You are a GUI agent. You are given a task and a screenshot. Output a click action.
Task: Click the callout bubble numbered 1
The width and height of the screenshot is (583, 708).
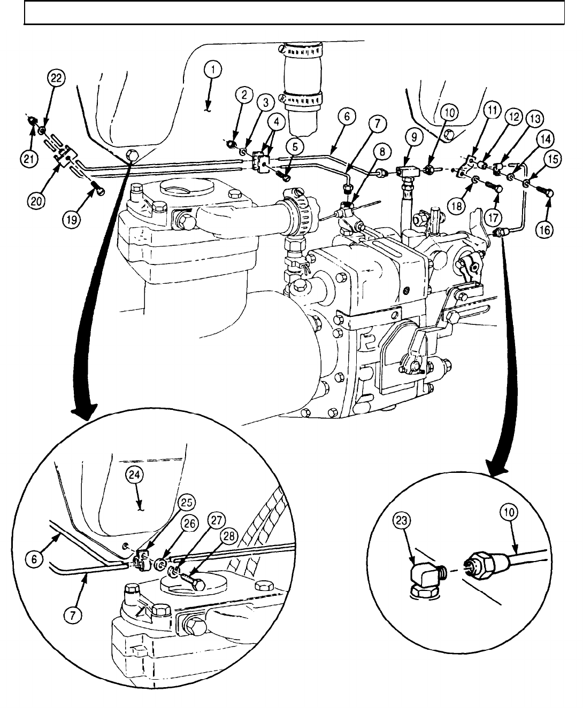click(x=213, y=70)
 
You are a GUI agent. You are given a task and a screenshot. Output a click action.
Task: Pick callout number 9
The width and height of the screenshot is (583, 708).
click(x=412, y=137)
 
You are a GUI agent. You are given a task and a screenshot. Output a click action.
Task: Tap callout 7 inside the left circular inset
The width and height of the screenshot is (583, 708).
click(x=73, y=617)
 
